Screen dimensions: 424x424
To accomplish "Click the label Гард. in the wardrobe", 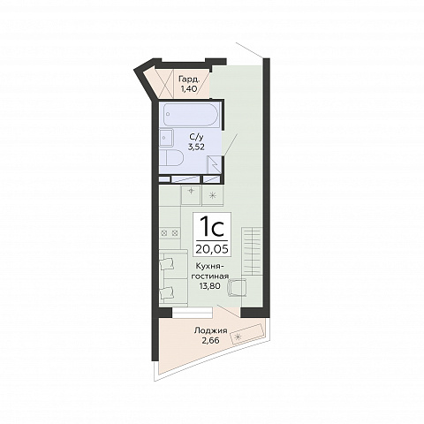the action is point(189,79).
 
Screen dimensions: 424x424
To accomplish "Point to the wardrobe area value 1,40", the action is point(189,89).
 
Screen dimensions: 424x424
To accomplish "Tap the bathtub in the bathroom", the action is point(191,115).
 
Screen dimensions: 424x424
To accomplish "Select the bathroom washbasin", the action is point(167,137).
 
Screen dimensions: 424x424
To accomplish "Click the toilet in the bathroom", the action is point(171,157).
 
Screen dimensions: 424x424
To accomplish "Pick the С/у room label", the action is point(196,137).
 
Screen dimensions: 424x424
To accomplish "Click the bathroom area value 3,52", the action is point(196,147).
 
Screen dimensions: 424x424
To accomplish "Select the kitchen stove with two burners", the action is point(170,233).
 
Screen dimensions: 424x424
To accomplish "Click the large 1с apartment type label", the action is point(212,227).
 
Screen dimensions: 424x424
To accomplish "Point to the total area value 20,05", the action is point(212,249).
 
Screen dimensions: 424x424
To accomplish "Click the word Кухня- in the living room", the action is point(210,267).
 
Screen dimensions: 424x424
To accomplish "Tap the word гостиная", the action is point(210,276).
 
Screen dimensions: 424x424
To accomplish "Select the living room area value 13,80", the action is point(210,285).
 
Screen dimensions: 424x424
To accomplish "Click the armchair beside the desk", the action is point(237,288).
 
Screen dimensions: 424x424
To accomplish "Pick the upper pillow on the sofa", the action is point(168,264).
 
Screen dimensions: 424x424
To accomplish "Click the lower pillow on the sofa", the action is point(168,293).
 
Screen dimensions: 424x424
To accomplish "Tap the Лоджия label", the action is point(210,330).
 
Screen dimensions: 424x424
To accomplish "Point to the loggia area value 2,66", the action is point(210,340).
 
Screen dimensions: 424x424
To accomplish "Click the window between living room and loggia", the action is point(193,312).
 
